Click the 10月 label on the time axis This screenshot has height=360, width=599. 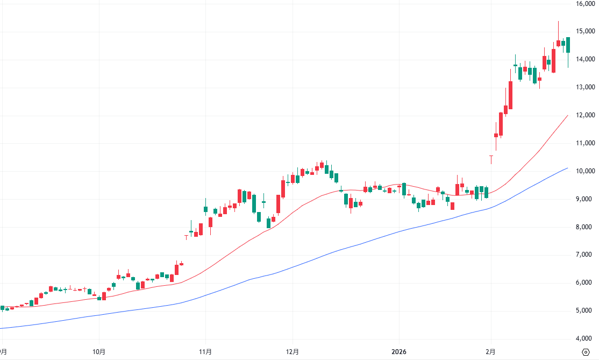(99, 352)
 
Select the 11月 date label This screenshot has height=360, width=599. (205, 352)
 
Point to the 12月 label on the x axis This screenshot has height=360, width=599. (292, 352)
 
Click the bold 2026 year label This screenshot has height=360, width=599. (399, 352)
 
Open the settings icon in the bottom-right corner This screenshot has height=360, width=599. (586, 352)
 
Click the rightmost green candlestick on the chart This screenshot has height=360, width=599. (568, 45)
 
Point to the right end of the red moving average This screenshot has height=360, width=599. (568, 115)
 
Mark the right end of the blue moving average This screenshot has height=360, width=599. (568, 168)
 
